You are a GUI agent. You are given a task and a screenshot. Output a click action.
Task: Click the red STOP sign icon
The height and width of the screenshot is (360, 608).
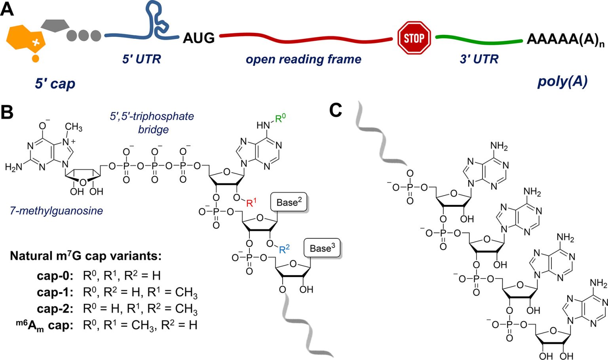coord(414,38)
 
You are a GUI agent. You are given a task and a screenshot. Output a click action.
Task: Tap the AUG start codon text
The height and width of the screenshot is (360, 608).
coord(199,38)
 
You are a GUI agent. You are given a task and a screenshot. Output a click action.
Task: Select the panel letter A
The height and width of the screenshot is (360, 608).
coord(7,9)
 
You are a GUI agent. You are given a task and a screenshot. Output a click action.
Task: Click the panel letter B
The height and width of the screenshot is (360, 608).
coord(7,112)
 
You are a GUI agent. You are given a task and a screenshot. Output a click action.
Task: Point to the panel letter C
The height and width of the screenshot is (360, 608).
coord(335,110)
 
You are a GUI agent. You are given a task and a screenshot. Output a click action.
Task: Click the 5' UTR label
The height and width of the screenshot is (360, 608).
coord(141,59)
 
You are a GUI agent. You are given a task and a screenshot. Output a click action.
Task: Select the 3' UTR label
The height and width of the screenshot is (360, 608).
coord(479,59)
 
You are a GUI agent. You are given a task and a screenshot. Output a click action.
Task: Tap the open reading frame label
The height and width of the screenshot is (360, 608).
coord(303,59)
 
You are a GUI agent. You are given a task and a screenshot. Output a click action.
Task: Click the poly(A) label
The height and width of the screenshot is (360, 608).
coord(562,82)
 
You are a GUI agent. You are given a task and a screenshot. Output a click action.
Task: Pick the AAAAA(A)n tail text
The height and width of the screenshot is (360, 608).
coord(565,39)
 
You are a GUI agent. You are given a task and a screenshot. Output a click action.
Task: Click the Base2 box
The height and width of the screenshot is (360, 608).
coord(289,202)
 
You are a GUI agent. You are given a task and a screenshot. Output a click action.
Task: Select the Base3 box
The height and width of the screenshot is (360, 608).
coord(322,248)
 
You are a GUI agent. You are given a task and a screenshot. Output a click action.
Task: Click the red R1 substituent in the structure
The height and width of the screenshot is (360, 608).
coord(251,203)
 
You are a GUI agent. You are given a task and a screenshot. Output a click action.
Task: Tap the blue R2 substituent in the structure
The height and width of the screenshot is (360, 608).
coord(284,249)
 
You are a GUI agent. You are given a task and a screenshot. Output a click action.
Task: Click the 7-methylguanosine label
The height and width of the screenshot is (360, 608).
coord(56,211)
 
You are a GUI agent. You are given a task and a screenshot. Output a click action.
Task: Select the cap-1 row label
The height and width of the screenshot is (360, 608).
coord(55,292)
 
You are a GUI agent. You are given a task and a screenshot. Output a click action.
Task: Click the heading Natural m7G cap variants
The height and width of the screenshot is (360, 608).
coord(85,256)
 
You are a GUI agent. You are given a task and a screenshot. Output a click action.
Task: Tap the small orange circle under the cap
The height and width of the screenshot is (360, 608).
coord(35,59)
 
